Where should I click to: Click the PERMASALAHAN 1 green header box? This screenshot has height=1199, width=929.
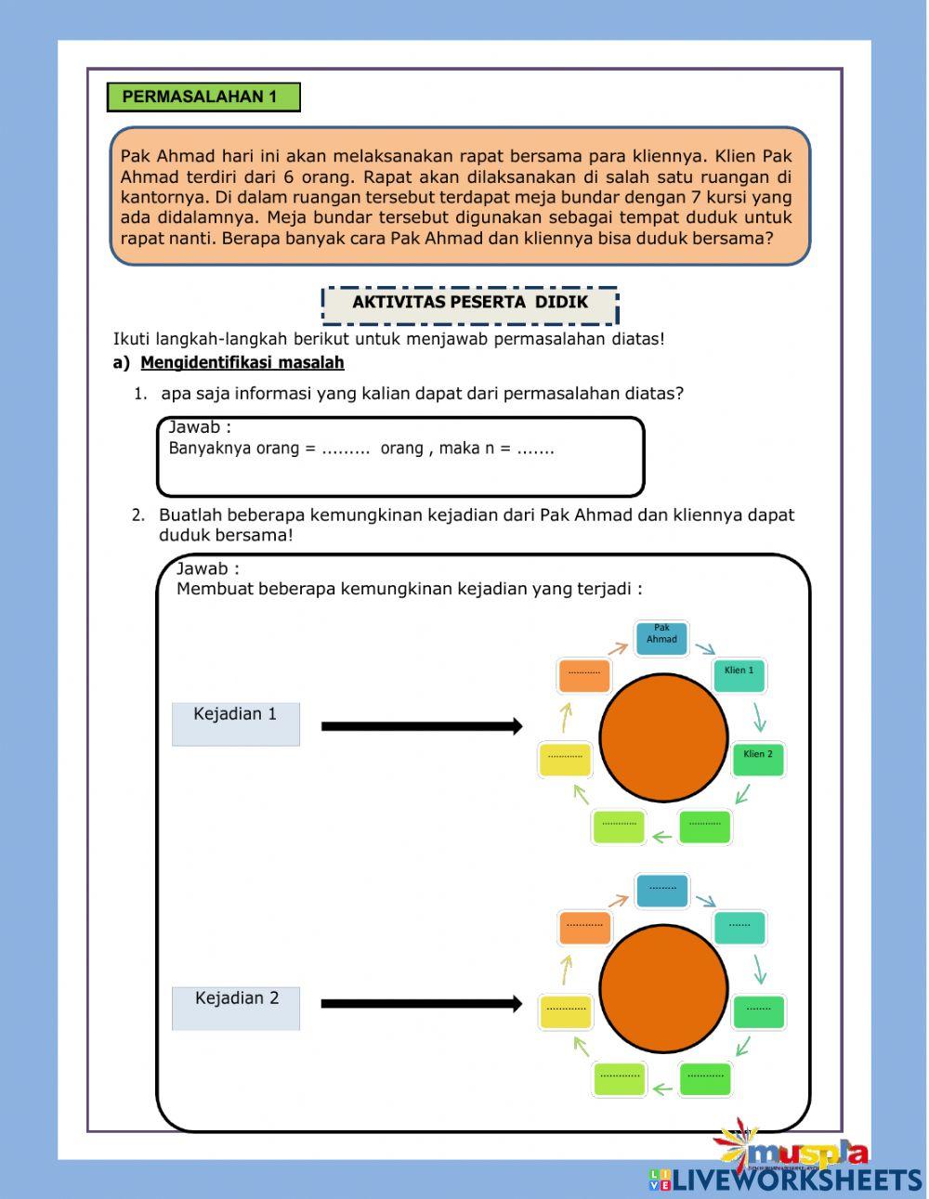203,98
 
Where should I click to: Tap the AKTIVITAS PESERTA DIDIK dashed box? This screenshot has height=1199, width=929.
470,304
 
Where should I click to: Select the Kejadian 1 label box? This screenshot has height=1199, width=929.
236,723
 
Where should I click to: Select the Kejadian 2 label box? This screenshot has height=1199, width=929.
236,1008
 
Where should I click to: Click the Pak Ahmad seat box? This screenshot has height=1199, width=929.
661,637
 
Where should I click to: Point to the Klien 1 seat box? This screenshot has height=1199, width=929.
739,675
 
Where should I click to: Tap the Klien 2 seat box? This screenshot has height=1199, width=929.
758,758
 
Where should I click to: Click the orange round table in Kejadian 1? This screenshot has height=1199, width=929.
663,738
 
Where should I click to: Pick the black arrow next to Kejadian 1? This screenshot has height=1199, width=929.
422,726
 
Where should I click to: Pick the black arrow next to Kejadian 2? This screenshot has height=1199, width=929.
422,1004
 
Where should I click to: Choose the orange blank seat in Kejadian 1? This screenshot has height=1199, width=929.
584,675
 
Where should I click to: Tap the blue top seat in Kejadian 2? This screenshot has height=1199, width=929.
662,891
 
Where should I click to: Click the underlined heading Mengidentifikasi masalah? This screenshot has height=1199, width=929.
242,363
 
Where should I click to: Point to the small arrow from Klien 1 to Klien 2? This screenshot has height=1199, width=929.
761,716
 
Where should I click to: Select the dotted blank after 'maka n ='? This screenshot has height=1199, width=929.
535,450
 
